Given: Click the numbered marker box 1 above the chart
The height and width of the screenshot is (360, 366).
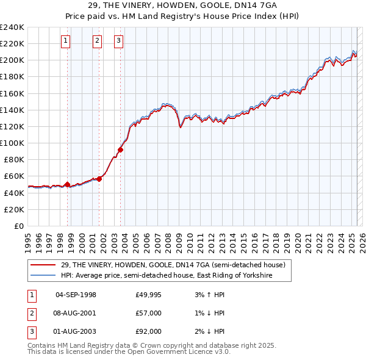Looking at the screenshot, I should pyautogui.click(x=66, y=41).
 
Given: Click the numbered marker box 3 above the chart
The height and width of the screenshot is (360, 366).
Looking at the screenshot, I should pyautogui.click(x=119, y=41).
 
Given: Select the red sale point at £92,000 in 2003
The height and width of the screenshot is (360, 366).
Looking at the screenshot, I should pyautogui.click(x=121, y=149).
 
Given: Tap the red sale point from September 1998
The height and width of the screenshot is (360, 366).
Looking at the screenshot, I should pyautogui.click(x=68, y=184).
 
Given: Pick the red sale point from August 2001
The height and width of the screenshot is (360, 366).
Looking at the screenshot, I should pyautogui.click(x=99, y=179).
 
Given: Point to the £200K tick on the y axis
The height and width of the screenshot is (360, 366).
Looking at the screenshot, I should pyautogui.click(x=12, y=60).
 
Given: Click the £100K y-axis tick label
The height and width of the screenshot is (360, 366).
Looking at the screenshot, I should pyautogui.click(x=12, y=143).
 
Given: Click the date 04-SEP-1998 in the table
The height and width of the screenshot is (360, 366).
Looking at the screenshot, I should pyautogui.click(x=76, y=295).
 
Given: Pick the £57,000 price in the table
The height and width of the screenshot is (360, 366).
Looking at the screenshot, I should pyautogui.click(x=148, y=313).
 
